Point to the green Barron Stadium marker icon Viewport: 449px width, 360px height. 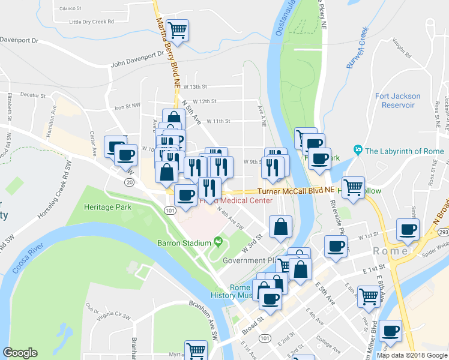tap(217, 242)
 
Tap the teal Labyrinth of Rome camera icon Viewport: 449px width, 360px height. tap(358, 149)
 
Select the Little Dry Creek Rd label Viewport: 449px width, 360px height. tap(92, 22)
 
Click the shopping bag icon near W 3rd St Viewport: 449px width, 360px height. tap(280, 227)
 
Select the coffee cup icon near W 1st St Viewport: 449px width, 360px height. tap(408, 229)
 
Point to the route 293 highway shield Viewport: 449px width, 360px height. tap(444, 232)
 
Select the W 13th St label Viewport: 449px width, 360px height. tap(195, 86)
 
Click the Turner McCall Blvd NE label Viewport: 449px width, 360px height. tap(295, 190)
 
